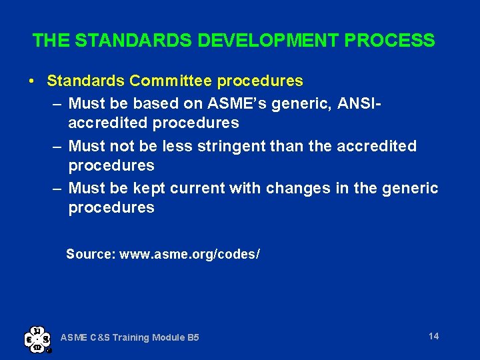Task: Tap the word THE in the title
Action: coord(51,41)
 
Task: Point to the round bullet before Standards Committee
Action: coord(32,81)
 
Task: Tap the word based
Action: coord(159,103)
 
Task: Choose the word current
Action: coord(197,189)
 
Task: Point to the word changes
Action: coord(298,189)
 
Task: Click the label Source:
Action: coord(91,254)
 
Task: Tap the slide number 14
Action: coord(433,336)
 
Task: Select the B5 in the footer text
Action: coord(192,338)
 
